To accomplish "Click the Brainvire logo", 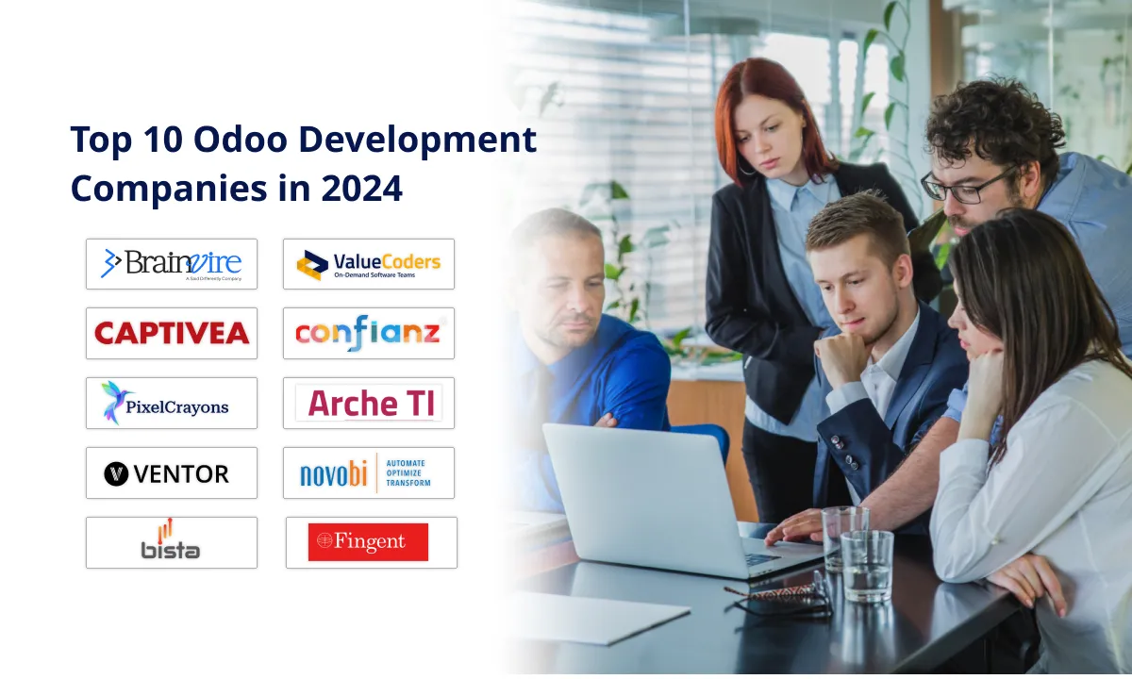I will tap(171, 263).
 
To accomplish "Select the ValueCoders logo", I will tap(368, 263).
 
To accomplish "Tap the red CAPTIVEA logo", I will tap(171, 333).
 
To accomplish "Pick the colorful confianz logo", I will tap(368, 333).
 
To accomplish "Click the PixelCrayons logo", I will tap(171, 403).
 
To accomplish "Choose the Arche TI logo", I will tap(368, 403).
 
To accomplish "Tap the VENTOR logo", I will tap(171, 472).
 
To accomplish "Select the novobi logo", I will tap(368, 472).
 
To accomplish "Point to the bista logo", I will tap(171, 542).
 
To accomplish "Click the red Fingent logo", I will tap(368, 542).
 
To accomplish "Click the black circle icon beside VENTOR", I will tap(116, 473).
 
